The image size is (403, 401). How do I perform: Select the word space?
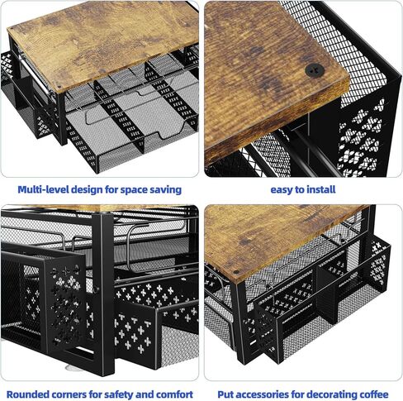(143, 189)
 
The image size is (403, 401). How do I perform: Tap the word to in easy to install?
(303, 189)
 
